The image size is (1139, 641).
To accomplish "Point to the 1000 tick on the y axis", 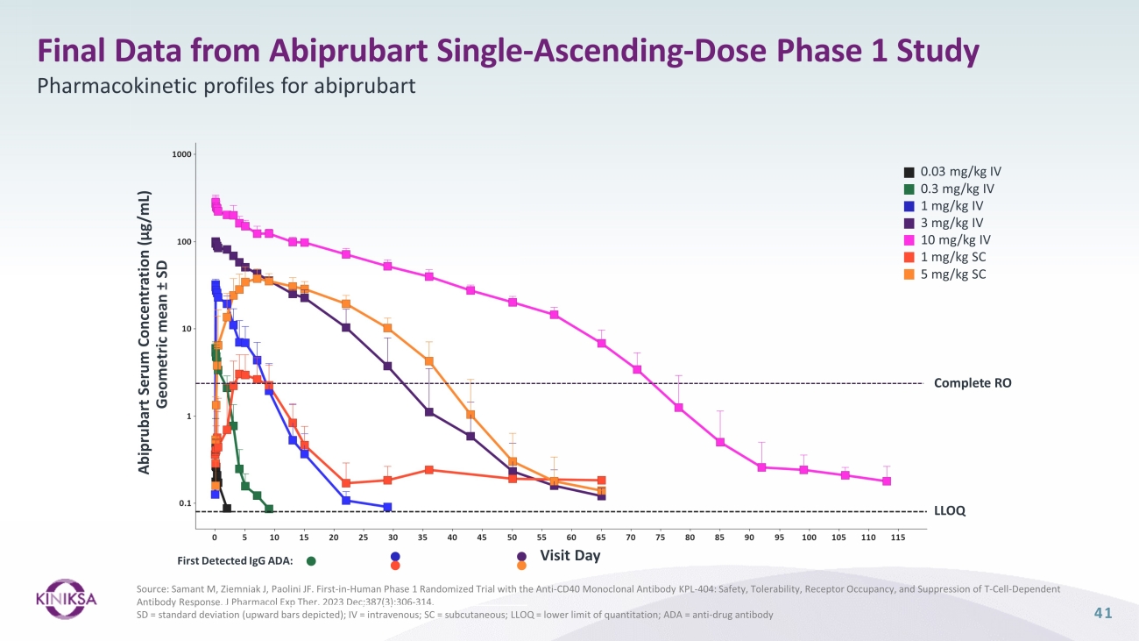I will click(182, 154).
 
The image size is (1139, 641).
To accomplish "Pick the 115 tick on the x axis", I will click(897, 538).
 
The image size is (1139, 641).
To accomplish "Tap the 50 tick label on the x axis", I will click(512, 538).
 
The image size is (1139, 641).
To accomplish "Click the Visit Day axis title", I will click(570, 555).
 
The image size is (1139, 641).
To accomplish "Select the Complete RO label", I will click(973, 383).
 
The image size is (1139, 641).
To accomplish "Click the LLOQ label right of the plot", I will click(950, 511).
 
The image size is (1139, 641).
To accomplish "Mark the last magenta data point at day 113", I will click(887, 481).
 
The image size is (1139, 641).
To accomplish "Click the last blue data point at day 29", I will click(387, 507).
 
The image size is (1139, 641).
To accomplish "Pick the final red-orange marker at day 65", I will click(601, 481).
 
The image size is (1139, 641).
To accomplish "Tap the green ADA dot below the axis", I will click(311, 560).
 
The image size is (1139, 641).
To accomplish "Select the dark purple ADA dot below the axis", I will click(521, 556).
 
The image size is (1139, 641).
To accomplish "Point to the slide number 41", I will click(1102, 614).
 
